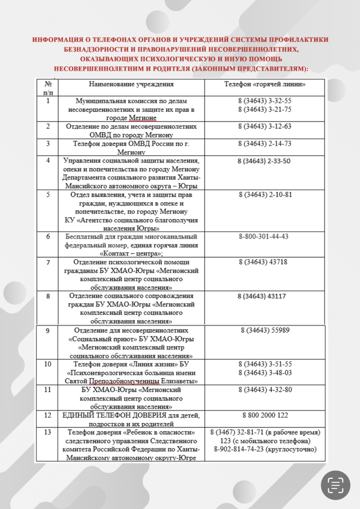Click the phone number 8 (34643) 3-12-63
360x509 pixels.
click(x=265, y=126)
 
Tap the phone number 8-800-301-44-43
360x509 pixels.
click(x=264, y=237)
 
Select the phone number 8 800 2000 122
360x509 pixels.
click(x=265, y=415)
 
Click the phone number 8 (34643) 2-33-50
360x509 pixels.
click(x=264, y=161)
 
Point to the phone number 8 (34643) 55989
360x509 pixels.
click(x=265, y=330)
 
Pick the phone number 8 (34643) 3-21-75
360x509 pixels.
click(x=265, y=109)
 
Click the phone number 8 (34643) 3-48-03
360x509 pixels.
click(x=265, y=372)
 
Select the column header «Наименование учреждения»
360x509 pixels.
click(x=132, y=84)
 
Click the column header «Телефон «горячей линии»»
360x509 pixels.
click(x=265, y=84)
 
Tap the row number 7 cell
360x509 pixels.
click(x=48, y=262)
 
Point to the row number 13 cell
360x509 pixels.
click(x=48, y=432)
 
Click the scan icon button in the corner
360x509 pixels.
click(x=335, y=484)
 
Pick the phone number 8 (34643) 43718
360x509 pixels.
click(x=263, y=262)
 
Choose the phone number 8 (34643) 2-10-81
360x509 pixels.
click(x=265, y=195)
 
